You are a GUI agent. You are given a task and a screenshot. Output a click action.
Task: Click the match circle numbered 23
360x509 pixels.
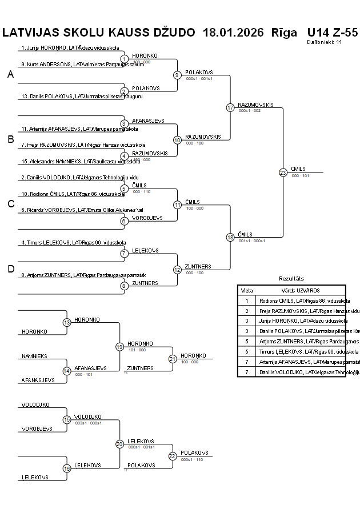[x=283, y=173]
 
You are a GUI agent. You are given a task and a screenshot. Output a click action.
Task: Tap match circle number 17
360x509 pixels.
[x=230, y=107]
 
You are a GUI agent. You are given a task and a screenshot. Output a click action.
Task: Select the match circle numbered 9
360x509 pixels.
[x=177, y=75]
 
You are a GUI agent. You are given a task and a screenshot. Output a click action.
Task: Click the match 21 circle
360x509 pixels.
[x=173, y=359]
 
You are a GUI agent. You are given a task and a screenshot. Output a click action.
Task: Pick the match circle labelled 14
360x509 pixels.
[x=67, y=371]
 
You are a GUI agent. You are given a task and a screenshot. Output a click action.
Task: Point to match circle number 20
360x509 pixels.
[x=119, y=444]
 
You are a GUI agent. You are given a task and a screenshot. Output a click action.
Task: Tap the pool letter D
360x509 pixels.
[x=10, y=269]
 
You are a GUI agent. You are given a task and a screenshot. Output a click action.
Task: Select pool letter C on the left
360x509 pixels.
[x=10, y=204]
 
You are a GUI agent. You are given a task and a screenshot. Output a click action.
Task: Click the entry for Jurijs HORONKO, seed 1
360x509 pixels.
[x=70, y=48]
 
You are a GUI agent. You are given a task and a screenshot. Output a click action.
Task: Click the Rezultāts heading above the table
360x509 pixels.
[x=291, y=278]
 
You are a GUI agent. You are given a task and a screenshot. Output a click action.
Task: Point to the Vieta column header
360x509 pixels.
[x=247, y=290]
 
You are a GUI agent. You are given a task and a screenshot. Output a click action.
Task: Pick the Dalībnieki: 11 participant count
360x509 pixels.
[x=324, y=42]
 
